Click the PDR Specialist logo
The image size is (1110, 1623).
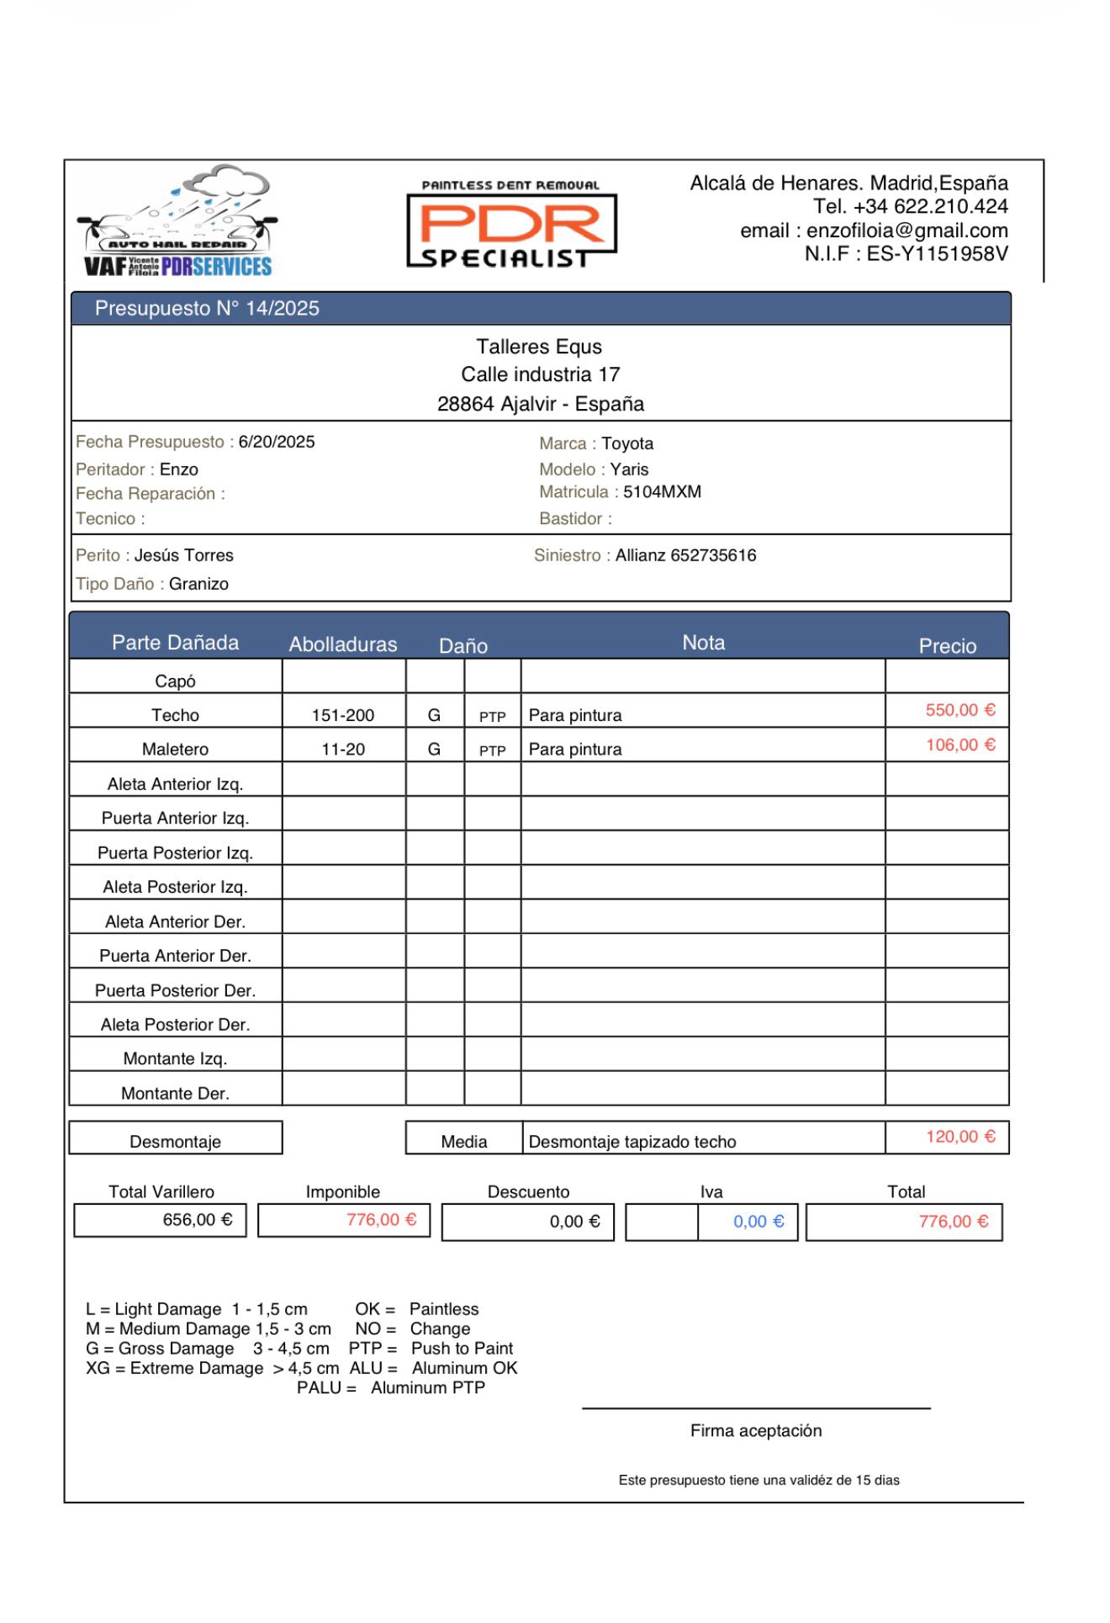pyautogui.click(x=511, y=224)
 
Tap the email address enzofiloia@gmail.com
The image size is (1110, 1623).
pyautogui.click(x=906, y=231)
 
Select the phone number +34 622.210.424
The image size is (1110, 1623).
pyautogui.click(x=930, y=207)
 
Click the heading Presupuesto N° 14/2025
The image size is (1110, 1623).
pyautogui.click(x=207, y=309)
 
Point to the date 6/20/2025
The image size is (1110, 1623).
pyautogui.click(x=277, y=443)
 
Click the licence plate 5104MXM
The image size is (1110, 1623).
pyautogui.click(x=662, y=492)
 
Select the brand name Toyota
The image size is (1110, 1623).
pyautogui.click(x=627, y=444)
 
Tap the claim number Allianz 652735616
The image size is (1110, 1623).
pyautogui.click(x=685, y=556)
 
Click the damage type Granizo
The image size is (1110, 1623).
pyautogui.click(x=198, y=585)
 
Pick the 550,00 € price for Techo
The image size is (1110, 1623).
pyautogui.click(x=960, y=711)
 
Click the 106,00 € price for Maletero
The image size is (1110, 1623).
pyautogui.click(x=960, y=745)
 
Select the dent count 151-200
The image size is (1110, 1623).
pyautogui.click(x=343, y=716)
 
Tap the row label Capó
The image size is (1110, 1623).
pyautogui.click(x=175, y=682)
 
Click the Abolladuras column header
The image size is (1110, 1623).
pyautogui.click(x=343, y=645)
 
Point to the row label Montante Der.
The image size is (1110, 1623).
pyautogui.click(x=175, y=1094)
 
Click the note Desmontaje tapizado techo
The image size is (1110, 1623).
pyautogui.click(x=632, y=1143)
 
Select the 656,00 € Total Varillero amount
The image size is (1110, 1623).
pyautogui.click(x=198, y=1221)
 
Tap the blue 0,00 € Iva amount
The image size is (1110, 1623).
pyautogui.click(x=758, y=1223)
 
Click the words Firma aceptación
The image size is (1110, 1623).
pyautogui.click(x=756, y=1431)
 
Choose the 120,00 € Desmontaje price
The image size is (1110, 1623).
pyautogui.click(x=960, y=1138)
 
